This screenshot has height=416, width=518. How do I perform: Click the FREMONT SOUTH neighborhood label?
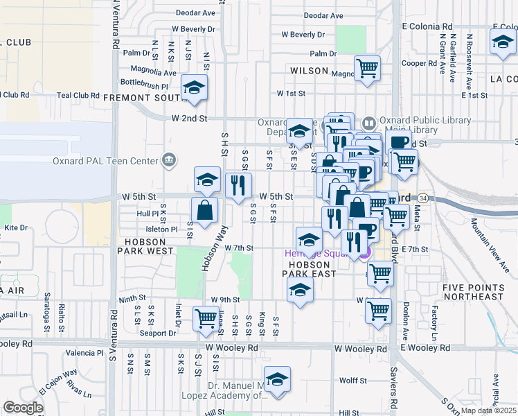142,98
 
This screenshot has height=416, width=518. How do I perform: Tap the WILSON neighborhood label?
309,71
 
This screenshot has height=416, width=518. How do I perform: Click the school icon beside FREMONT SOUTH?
195,88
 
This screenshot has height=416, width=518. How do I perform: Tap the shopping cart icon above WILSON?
367,68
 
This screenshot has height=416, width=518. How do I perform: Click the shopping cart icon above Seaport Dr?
206,318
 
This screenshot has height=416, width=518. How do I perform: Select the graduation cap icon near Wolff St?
278,379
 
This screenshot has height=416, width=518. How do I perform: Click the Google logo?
23,408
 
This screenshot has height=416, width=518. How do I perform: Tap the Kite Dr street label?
15,227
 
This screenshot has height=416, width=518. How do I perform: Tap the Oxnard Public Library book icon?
369,123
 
